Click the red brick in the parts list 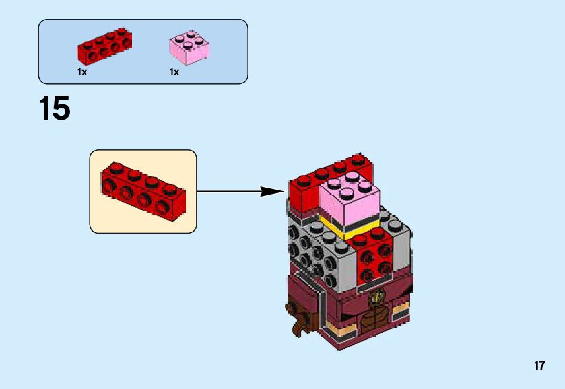(x=104, y=47)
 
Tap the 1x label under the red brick (x=82, y=72)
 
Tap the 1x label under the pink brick (x=174, y=72)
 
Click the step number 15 (x=55, y=109)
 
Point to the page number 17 (x=539, y=366)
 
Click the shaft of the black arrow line (x=229, y=191)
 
